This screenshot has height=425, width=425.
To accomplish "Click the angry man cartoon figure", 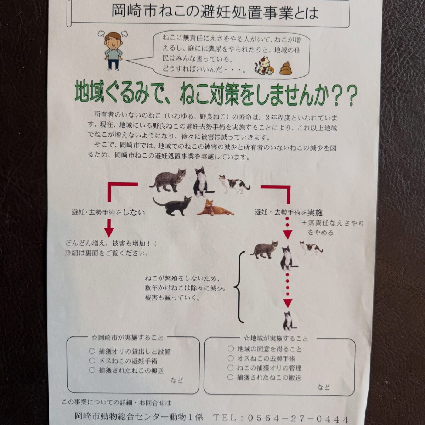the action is [x=113, y=51].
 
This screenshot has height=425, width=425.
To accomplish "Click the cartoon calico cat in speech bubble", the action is [x=264, y=66].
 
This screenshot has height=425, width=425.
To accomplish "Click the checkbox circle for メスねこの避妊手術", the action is [x=92, y=361].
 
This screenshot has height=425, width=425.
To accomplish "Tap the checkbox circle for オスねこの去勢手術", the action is [x=231, y=358].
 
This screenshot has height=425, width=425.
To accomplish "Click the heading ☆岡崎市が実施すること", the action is [x=127, y=338].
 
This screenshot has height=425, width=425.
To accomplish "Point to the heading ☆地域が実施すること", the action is [x=276, y=338].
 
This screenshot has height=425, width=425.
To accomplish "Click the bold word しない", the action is [x=134, y=212].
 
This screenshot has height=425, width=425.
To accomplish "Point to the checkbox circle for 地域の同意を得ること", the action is [x=231, y=348].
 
